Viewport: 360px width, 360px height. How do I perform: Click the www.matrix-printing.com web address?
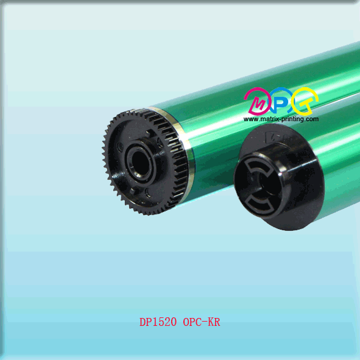tap(281, 119)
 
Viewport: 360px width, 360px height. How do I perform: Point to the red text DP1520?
tap(158, 322)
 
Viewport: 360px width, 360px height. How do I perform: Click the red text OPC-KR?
tap(202, 322)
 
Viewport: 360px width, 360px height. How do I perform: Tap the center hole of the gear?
tap(139, 161)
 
